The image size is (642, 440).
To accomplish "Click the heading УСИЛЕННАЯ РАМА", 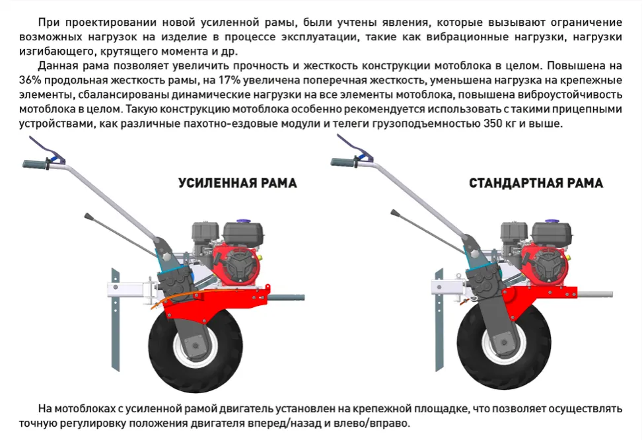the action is point(238,183).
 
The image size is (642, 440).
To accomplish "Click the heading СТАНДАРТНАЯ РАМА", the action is point(536,183).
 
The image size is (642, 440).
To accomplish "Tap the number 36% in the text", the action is point(30,80).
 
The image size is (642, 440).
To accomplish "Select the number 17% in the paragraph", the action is point(229,80).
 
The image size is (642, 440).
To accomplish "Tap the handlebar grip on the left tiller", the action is point(36,165).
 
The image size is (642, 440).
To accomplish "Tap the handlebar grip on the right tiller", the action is point(344,163).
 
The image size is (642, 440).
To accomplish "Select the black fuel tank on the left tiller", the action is point(242,233).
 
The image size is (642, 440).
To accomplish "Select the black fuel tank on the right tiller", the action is point(551,232).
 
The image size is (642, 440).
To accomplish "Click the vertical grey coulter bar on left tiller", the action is point(116,320).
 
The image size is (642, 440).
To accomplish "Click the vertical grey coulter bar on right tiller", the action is point(439,320).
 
